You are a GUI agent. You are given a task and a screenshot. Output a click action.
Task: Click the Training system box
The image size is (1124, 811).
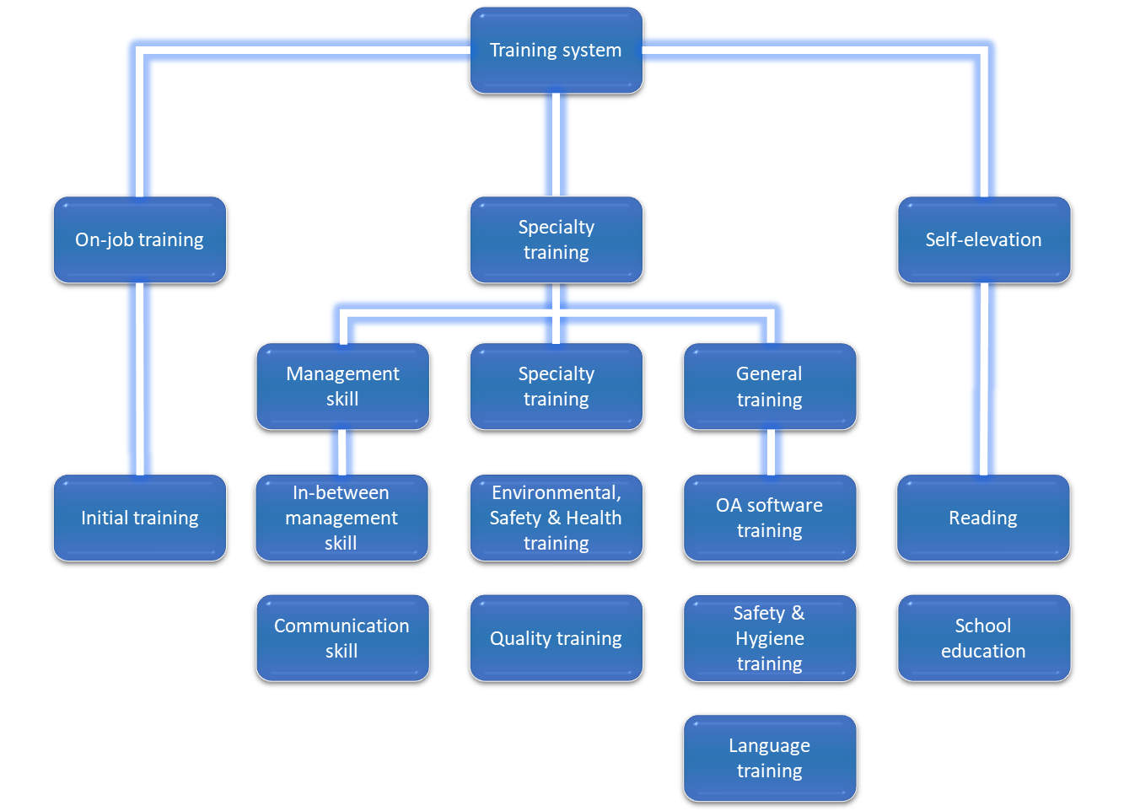pyautogui.click(x=556, y=51)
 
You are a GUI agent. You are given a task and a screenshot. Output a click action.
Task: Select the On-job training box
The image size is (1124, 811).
pyautogui.click(x=139, y=239)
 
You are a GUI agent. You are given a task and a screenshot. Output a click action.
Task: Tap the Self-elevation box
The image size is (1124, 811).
pyautogui.click(x=983, y=239)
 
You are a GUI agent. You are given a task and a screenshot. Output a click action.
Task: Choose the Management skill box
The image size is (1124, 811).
pyautogui.click(x=342, y=386)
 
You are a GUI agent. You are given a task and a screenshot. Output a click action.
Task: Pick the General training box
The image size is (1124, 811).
pyautogui.click(x=769, y=386)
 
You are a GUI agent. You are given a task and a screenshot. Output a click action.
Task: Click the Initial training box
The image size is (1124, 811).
pyautogui.click(x=139, y=518)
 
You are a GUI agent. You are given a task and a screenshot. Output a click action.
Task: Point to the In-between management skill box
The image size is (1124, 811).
pyautogui.click(x=342, y=518)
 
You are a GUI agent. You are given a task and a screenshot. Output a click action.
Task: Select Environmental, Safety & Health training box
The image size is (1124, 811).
pyautogui.click(x=556, y=518)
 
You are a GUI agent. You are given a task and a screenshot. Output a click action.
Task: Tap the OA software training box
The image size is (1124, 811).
pyautogui.click(x=769, y=518)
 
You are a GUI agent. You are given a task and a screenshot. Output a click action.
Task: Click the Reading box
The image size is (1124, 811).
pyautogui.click(x=983, y=518)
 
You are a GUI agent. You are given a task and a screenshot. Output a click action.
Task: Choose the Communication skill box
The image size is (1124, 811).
pyautogui.click(x=342, y=638)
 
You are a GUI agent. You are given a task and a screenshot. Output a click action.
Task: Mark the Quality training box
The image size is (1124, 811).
pyautogui.click(x=556, y=638)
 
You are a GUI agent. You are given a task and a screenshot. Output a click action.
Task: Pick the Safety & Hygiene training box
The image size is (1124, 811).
pyautogui.click(x=769, y=638)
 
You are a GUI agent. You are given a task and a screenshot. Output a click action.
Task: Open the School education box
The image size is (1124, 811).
pyautogui.click(x=983, y=638)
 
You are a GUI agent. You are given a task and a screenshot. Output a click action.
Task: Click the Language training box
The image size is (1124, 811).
pyautogui.click(x=769, y=758)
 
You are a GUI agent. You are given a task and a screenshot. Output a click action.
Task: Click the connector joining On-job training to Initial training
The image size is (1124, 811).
pyautogui.click(x=139, y=379)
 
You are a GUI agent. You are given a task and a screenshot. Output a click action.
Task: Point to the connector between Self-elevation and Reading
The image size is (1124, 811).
pyautogui.click(x=983, y=379)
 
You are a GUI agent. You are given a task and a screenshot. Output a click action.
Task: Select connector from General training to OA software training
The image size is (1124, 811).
pyautogui.click(x=770, y=453)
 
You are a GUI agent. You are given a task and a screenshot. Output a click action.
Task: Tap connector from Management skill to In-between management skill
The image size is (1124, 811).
pyautogui.click(x=342, y=453)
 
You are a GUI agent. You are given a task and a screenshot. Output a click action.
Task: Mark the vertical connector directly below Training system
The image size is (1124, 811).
pyautogui.click(x=556, y=145)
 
